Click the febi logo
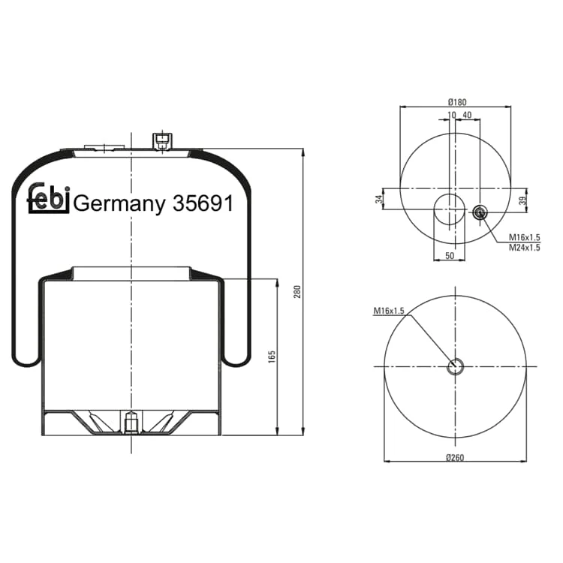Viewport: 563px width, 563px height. (48, 199)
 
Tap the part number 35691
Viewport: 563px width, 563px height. (203, 203)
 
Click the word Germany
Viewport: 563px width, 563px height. (119, 205)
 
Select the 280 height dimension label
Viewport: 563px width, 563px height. (297, 292)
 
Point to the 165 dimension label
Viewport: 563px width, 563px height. (272, 357)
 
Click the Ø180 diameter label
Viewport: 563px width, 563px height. (457, 102)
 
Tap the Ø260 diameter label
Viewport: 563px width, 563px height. (455, 457)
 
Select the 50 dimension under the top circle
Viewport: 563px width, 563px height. (450, 256)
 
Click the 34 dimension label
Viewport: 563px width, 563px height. (379, 200)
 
